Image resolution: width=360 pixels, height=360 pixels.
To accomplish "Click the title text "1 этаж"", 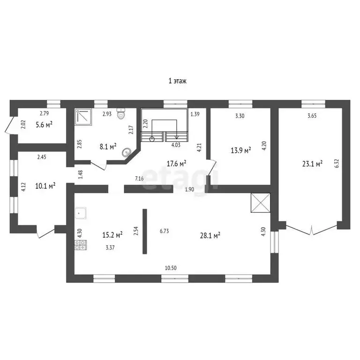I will click(178, 81).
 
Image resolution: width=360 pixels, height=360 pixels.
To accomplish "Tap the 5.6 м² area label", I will click(45, 125).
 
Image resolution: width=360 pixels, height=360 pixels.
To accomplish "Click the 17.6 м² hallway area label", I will click(177, 163).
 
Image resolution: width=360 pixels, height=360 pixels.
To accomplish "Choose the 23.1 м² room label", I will click(312, 164).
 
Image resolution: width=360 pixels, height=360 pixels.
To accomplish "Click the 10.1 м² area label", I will click(45, 186).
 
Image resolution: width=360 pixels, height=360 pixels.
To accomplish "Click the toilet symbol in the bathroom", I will click(122, 114).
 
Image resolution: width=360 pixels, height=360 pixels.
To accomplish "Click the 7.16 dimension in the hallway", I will click(140, 179).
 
